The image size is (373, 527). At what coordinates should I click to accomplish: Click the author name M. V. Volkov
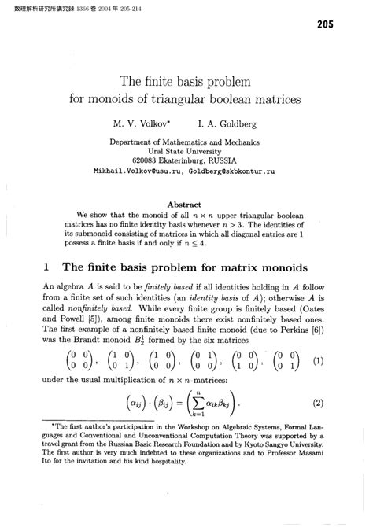pos(146,123)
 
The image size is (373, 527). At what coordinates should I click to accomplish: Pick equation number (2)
pos(318,426)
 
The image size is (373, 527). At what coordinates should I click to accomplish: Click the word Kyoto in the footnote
pos(257,477)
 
